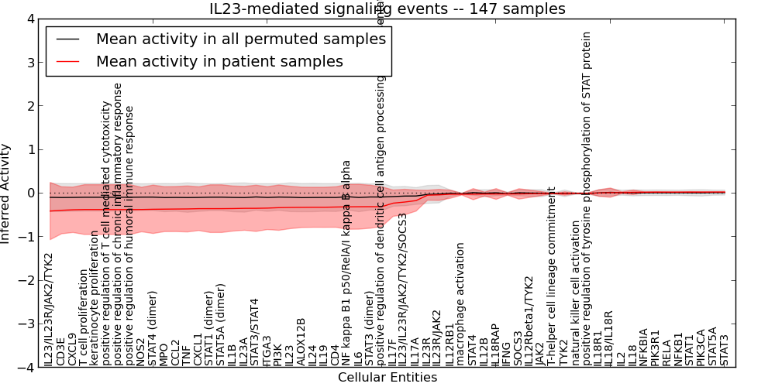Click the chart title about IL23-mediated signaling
pyautogui.click(x=387, y=9)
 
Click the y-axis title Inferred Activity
pyautogui.click(x=6, y=193)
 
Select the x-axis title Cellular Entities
pyautogui.click(x=387, y=378)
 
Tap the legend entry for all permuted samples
pyautogui.click(x=240, y=38)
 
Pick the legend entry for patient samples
pyautogui.click(x=219, y=61)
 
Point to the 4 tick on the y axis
pyautogui.click(x=33, y=19)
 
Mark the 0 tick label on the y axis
pyautogui.click(x=33, y=193)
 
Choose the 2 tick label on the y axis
pyautogui.click(x=33, y=106)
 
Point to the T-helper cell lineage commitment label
pyautogui.click(x=552, y=276)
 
